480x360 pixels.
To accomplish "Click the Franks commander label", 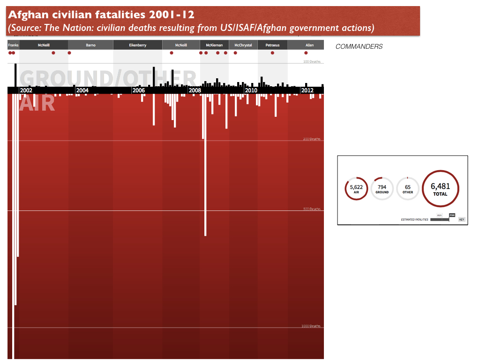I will [13, 45].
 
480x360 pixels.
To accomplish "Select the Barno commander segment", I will [91, 45].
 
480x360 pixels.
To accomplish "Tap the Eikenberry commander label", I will [138, 45].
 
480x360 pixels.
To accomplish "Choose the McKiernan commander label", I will [214, 45].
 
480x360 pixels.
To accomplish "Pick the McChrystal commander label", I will [243, 45].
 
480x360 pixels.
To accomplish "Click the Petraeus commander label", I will [272, 45].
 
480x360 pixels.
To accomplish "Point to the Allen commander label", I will [309, 45].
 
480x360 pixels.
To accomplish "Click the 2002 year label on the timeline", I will [26, 90].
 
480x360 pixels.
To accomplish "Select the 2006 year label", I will [138, 90].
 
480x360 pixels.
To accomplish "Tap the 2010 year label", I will [251, 90].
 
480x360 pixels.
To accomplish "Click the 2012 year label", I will [307, 90].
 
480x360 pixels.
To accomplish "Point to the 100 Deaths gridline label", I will [311, 62].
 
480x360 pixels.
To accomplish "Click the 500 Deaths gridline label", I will [311, 209].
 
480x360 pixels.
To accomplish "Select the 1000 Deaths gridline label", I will [311, 326].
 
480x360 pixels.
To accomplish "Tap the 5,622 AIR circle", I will [356, 188].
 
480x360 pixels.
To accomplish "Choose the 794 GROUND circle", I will [382, 188].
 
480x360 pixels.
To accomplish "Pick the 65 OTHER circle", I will [408, 188].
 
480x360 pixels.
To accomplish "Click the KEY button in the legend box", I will [461, 219].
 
